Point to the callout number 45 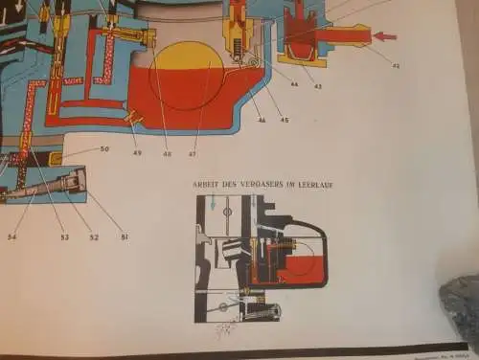coord(284,120)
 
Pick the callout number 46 coord(261,120)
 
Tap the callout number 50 coord(104,149)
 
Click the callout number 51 coord(122,234)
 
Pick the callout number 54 coord(12,236)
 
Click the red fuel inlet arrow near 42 coord(383,36)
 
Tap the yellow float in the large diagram coord(188,65)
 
